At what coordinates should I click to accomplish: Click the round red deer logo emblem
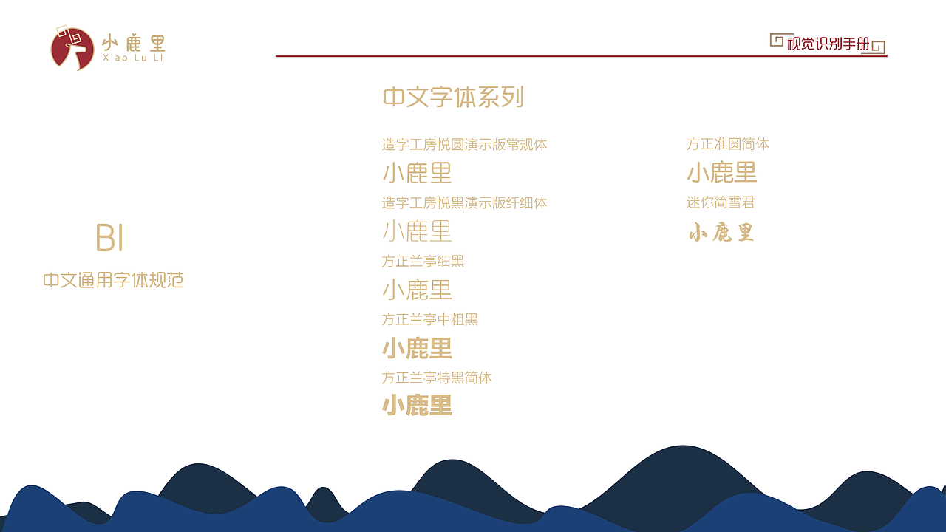coord(72,49)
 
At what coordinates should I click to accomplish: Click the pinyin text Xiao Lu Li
coord(133,58)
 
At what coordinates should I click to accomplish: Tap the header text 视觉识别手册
coord(828,44)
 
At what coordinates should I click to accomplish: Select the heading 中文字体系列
coord(453,97)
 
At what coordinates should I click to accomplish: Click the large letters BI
coord(109,238)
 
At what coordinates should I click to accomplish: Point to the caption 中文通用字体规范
coord(113,281)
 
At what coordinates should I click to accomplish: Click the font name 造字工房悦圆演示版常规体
coord(464,145)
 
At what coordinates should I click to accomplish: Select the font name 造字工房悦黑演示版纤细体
coord(464,203)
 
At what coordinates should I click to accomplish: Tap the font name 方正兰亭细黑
coord(423,262)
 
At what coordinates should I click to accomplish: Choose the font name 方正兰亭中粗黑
coord(429,320)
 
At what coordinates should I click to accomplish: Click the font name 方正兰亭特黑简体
coord(436,378)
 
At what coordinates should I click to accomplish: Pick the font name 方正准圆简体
coord(727,145)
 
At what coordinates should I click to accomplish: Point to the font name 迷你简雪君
coord(720,203)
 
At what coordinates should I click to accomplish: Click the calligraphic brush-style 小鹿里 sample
coord(721,233)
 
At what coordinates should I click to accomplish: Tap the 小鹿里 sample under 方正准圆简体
coord(721,174)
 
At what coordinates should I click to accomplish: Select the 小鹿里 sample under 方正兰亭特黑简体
coord(417,406)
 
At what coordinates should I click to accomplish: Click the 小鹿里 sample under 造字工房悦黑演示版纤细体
coord(417,231)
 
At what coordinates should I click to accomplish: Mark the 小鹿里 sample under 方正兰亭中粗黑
coord(417,348)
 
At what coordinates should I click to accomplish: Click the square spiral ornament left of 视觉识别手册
coord(776,40)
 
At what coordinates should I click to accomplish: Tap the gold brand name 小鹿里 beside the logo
coord(133,42)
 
